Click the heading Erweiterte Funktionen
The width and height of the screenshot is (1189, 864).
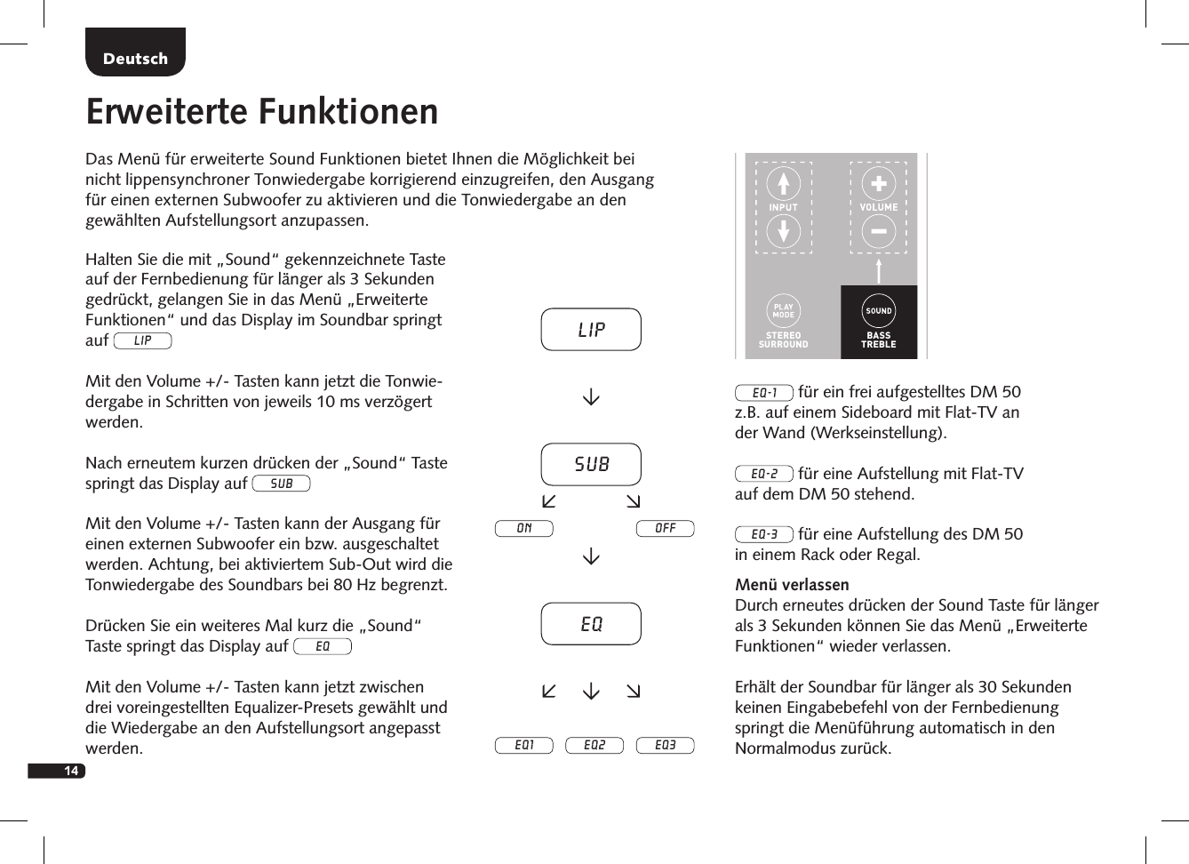pyautogui.click(x=262, y=112)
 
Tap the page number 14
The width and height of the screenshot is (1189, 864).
pyautogui.click(x=69, y=771)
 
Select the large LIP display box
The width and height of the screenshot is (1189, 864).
pyautogui.click(x=591, y=330)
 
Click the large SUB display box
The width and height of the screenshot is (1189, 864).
pyautogui.click(x=591, y=464)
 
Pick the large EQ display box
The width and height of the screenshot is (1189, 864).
pyautogui.click(x=591, y=624)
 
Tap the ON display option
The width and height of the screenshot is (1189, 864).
pyautogui.click(x=523, y=529)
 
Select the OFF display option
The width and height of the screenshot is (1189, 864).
pyautogui.click(x=665, y=529)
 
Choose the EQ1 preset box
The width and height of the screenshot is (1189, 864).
pyautogui.click(x=523, y=745)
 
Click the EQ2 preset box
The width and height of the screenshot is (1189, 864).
pyautogui.click(x=594, y=745)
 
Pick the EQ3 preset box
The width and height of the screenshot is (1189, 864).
pyautogui.click(x=665, y=745)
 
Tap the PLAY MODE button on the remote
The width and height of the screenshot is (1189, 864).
pyautogui.click(x=783, y=311)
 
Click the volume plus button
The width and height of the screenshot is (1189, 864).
pyautogui.click(x=878, y=184)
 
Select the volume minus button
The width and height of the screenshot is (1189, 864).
pyautogui.click(x=878, y=232)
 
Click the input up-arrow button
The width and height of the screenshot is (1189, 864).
pyautogui.click(x=783, y=184)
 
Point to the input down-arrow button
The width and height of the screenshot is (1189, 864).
pyautogui.click(x=783, y=232)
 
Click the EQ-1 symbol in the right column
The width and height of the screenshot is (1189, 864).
pyautogui.click(x=763, y=393)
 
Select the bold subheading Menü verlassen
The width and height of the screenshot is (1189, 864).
pyautogui.click(x=792, y=585)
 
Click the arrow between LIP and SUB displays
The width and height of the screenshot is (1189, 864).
pyautogui.click(x=591, y=397)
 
